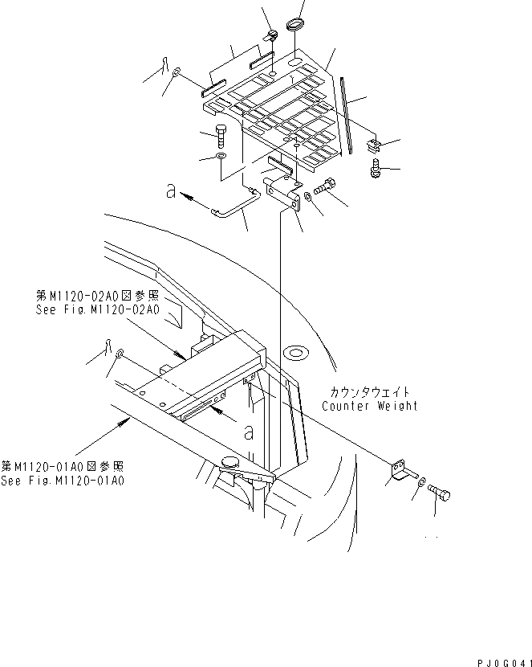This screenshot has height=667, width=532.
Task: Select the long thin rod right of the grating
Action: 346,113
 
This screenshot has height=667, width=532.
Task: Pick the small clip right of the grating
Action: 372,146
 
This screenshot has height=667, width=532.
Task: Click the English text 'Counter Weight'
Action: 369,406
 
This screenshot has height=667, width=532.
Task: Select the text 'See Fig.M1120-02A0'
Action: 98,310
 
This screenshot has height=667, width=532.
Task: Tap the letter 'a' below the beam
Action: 250,432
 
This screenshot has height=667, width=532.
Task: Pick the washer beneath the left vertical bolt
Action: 221,154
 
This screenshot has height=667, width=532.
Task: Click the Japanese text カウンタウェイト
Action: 369,391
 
